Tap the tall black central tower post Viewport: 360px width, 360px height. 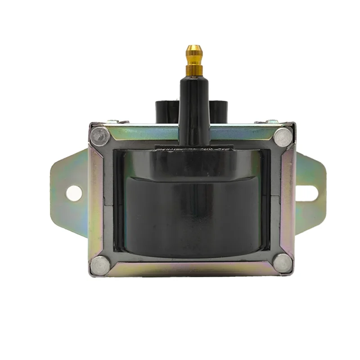click(194, 108)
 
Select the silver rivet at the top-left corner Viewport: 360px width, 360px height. click(99, 135)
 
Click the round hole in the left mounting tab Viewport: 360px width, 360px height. click(74, 193)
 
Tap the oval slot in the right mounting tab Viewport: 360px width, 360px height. click(311, 193)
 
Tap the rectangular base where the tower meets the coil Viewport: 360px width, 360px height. click(193, 147)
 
